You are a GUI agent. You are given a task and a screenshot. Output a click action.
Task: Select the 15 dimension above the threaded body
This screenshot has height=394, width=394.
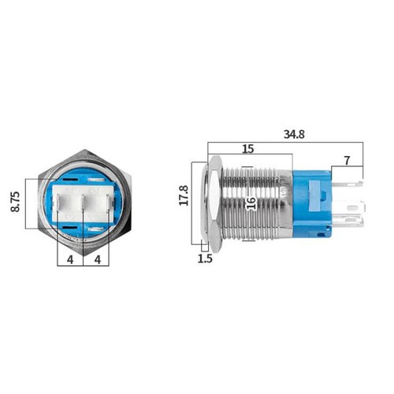point(247,150)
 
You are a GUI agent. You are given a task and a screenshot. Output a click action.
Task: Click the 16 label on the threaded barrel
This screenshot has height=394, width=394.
point(250,202)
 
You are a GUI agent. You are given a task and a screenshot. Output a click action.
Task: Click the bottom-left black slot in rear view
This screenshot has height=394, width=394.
point(66,230)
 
